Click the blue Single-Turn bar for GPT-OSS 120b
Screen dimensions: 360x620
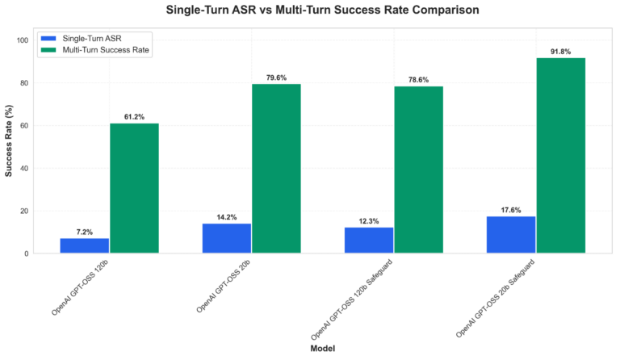[x=85, y=245]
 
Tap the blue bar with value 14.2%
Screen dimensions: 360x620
[x=227, y=238]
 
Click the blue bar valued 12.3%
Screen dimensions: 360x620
[x=369, y=240]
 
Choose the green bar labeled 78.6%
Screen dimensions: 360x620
[x=419, y=170]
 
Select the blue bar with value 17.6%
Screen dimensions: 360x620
[x=512, y=235]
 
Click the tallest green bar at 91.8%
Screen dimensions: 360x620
[x=561, y=155]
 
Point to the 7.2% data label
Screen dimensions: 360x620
[x=85, y=231]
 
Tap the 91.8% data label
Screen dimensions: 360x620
[x=561, y=52]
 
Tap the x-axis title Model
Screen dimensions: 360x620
[x=323, y=348]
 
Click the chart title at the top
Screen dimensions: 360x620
[x=322, y=10]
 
